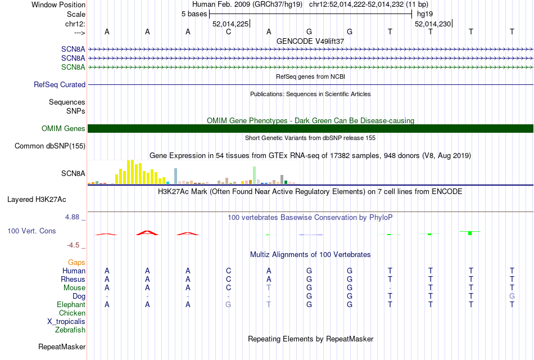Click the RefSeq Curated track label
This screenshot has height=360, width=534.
pyautogui.click(x=60, y=84)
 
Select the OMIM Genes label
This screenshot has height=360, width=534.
pyautogui.click(x=64, y=129)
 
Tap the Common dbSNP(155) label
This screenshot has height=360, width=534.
pyautogui.click(x=50, y=146)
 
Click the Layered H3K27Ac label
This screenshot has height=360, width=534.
pyautogui.click(x=37, y=199)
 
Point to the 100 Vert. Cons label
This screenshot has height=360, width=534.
pyautogui.click(x=32, y=231)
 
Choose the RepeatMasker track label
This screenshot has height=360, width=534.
pyautogui.click(x=62, y=346)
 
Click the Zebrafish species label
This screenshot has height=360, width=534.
pyautogui.click(x=70, y=330)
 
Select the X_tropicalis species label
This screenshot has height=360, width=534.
pyautogui.click(x=66, y=321)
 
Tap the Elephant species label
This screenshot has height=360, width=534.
pyautogui.click(x=71, y=304)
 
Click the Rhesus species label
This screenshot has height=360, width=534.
pyautogui.click(x=73, y=279)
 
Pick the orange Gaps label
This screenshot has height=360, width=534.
pyautogui.click(x=76, y=262)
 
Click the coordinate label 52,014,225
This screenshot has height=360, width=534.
pyautogui.click(x=230, y=24)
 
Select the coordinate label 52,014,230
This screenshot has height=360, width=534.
pyautogui.click(x=432, y=24)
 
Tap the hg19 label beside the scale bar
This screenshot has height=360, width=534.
pyautogui.click(x=424, y=13)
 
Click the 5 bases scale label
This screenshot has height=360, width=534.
pyautogui.click(x=194, y=13)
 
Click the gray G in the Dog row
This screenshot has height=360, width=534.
pyautogui.click(x=512, y=296)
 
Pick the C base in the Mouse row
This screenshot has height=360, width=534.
pyautogui.click(x=228, y=287)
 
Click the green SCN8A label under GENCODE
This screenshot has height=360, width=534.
pyautogui.click(x=73, y=67)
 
